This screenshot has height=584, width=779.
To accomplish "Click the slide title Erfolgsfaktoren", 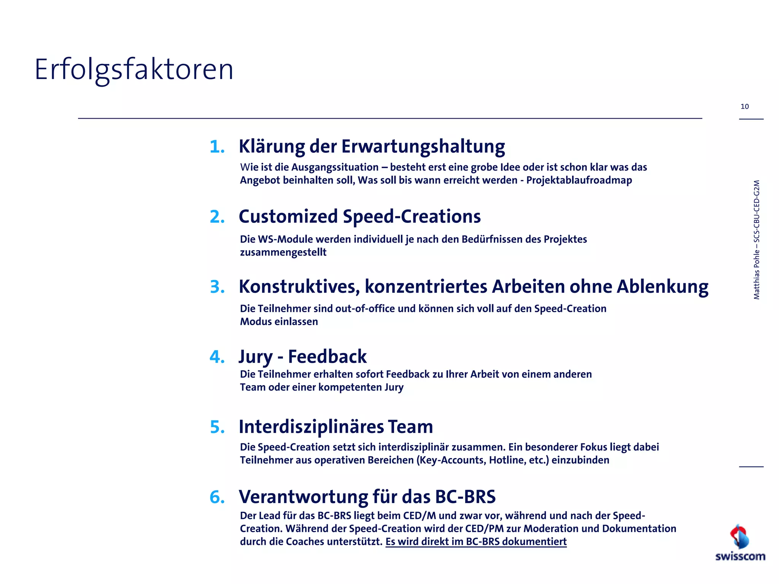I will (134, 70).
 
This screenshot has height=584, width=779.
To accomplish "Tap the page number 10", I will (744, 106).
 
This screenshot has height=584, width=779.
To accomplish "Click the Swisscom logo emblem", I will (739, 536).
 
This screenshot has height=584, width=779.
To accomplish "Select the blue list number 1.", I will (217, 147).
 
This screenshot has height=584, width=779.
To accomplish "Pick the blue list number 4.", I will (217, 357).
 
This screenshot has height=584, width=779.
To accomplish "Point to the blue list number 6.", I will (217, 497).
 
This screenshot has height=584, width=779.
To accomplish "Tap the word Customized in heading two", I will (288, 217).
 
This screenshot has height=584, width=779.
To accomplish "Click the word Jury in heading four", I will (255, 357).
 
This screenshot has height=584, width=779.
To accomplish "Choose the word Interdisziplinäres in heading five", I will (311, 427).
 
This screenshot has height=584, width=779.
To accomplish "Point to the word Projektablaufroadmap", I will (579, 180).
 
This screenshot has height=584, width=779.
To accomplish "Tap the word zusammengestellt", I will (283, 252).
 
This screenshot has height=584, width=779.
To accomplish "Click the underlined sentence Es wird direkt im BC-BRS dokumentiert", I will (476, 541).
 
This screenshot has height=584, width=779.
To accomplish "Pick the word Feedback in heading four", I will (327, 357).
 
